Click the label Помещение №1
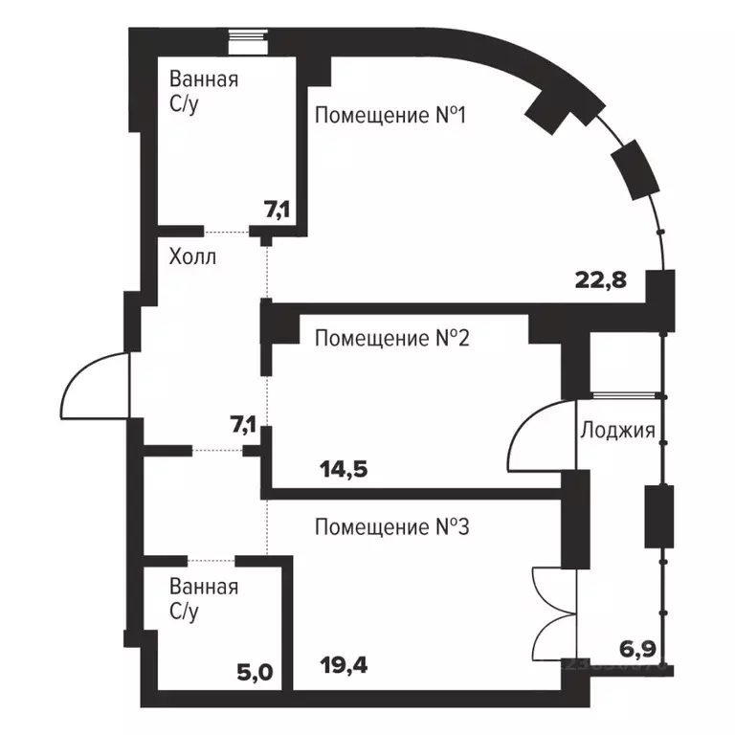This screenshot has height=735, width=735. point(390,117)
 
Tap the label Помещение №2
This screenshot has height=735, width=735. point(390,338)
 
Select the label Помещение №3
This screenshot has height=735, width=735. point(390,526)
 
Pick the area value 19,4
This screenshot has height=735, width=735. point(342,659)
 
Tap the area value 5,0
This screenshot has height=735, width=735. point(255,671)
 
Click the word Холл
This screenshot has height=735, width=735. point(192,257)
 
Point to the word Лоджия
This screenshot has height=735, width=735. point(617,430)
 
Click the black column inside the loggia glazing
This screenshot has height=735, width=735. point(659,516)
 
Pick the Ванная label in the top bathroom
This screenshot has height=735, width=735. point(203,79)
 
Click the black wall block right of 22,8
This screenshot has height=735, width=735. point(660,293)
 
